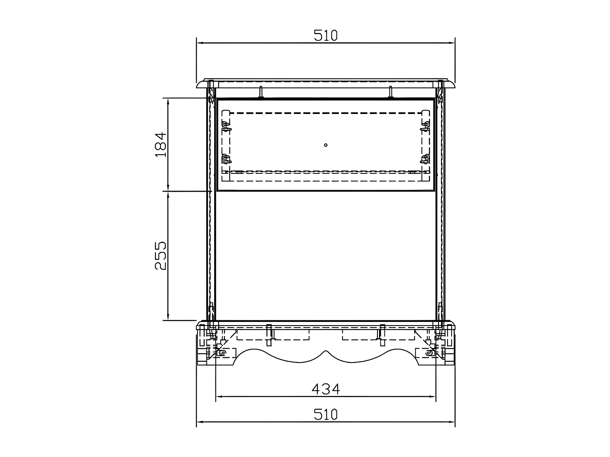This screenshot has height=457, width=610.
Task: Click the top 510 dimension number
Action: click(x=325, y=35)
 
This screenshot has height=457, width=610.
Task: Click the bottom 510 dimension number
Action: click(x=325, y=415)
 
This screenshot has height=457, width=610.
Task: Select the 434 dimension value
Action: click(x=325, y=389)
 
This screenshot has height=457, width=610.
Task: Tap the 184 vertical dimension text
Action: click(x=160, y=144)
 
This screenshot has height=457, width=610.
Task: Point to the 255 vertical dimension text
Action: click(x=160, y=256)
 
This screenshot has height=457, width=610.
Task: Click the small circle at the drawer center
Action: click(x=326, y=145)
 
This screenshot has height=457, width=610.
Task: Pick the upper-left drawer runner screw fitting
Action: click(x=226, y=126)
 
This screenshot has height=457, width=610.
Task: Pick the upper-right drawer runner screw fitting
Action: click(x=425, y=126)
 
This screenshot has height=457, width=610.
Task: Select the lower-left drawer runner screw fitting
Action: click(x=226, y=159)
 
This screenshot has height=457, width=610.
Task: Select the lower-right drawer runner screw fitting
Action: click(x=425, y=159)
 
